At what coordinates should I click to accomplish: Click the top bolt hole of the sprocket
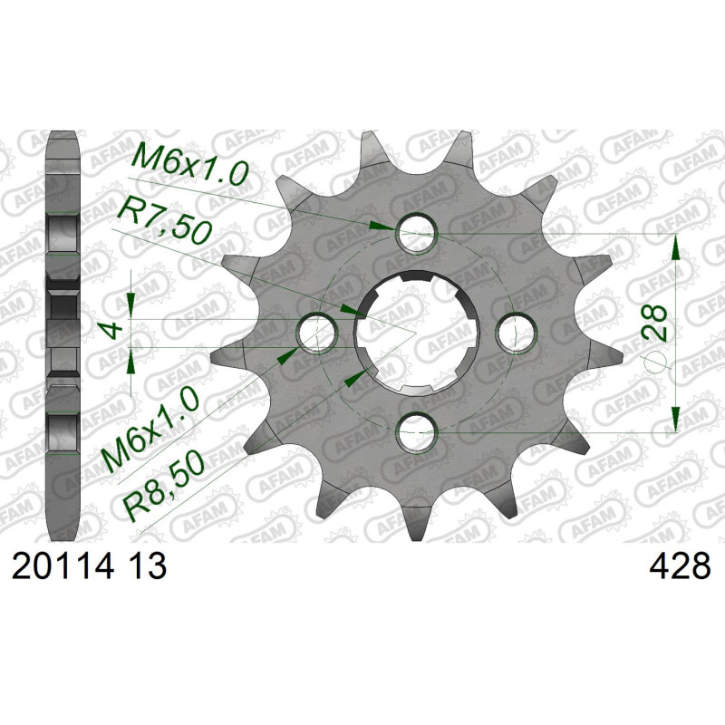(x=417, y=233)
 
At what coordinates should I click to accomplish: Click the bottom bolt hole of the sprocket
(x=417, y=433)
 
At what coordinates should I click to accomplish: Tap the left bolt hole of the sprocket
(x=316, y=333)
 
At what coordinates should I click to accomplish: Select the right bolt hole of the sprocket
(x=517, y=333)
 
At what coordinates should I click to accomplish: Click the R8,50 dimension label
(x=165, y=487)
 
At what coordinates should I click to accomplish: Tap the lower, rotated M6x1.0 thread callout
(x=150, y=430)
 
